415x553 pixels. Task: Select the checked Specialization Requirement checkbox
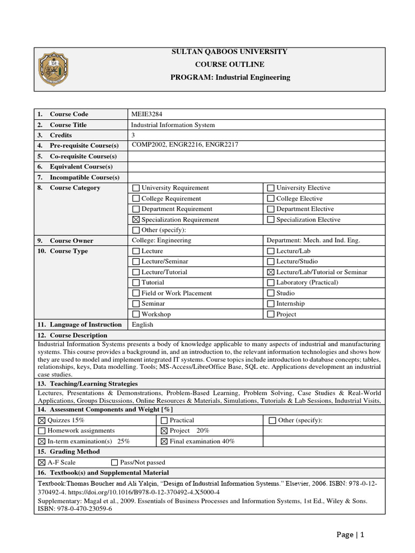[136, 220]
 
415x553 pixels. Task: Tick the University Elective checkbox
[271, 188]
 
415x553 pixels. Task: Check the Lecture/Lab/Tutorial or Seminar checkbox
[271, 272]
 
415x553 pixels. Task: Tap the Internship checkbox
[271, 304]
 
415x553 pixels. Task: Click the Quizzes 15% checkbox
[42, 420]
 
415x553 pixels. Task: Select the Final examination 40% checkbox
[164, 441]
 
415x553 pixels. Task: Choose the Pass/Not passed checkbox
[115, 462]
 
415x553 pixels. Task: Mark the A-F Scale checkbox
[42, 462]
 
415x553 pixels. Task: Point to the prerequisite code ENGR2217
[223, 145]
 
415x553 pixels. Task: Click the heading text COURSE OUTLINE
[230, 64]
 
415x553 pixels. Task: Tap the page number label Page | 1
[350, 535]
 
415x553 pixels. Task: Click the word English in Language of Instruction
[143, 325]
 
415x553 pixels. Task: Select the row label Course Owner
[71, 241]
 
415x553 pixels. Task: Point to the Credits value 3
[133, 135]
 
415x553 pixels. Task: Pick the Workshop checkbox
[136, 314]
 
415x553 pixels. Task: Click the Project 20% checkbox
[164, 430]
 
